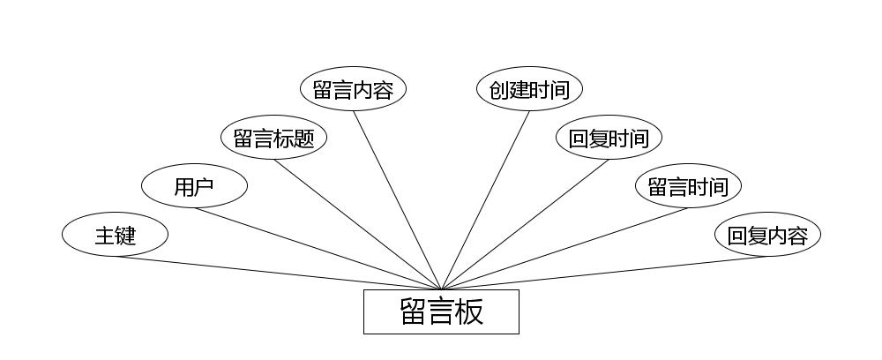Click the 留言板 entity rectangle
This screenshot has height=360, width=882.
[441, 311]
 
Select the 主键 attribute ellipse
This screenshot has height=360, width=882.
[115, 235]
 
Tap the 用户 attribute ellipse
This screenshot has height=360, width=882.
[194, 186]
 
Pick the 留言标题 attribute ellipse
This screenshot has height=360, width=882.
[273, 138]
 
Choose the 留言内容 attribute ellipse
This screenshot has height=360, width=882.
[353, 89]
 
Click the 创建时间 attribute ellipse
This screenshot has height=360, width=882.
[529, 89]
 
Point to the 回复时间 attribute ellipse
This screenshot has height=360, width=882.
[609, 138]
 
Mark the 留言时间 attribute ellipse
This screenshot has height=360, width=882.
[688, 186]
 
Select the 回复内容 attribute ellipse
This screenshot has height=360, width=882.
[767, 235]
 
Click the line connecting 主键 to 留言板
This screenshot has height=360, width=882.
[278, 273]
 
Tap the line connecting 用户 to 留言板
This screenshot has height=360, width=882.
[318, 248]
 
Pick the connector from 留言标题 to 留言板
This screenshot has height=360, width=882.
[357, 224]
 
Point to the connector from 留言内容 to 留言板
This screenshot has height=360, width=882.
[397, 199]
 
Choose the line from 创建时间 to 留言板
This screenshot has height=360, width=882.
[485, 199]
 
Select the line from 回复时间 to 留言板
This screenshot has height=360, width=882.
[525, 224]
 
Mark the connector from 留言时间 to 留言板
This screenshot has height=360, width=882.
[564, 248]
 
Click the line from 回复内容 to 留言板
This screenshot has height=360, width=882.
[604, 273]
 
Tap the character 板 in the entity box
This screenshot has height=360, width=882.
[469, 311]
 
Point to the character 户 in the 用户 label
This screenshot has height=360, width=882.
[205, 187]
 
